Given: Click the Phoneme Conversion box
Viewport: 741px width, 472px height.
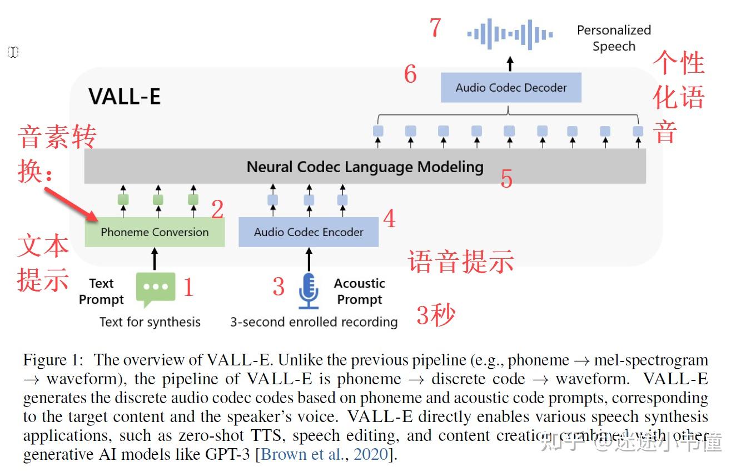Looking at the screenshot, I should (155, 232).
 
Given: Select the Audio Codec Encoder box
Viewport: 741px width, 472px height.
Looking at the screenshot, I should (309, 232).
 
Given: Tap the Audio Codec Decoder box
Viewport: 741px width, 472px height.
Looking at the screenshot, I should (511, 88).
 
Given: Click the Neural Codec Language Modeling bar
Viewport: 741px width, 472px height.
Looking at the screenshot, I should (365, 167).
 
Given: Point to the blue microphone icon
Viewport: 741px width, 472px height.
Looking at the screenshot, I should (309, 290).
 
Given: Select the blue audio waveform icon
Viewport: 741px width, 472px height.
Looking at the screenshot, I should (510, 34).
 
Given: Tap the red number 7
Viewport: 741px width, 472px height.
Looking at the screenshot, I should (435, 28).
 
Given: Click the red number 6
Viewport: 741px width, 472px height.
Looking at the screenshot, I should (410, 74).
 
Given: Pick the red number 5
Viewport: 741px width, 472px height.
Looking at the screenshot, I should (506, 179).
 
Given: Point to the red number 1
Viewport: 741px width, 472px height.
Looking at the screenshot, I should (188, 288).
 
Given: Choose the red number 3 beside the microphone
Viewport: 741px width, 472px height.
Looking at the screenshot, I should (279, 287).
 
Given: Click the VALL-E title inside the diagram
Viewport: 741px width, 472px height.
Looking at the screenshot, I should (125, 97).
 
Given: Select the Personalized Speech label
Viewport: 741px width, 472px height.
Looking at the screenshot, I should (614, 38).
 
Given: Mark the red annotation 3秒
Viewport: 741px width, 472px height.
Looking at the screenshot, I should (436, 315).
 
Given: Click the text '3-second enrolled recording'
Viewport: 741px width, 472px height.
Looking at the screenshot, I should (314, 322).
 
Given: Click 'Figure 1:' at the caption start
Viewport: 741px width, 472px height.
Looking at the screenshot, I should (53, 360).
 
